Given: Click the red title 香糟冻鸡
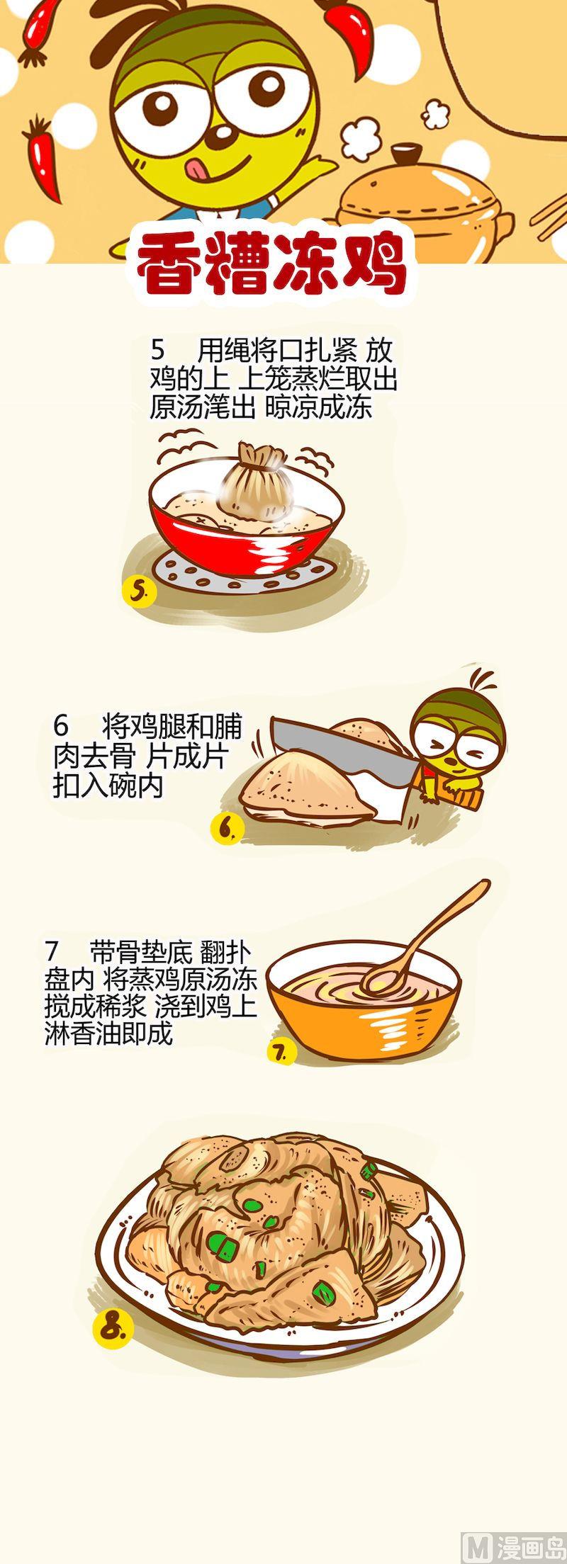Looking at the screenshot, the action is coord(271,266).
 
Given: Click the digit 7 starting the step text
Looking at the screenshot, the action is coord(50,951).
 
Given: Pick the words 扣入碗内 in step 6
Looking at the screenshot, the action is coord(108,786).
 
